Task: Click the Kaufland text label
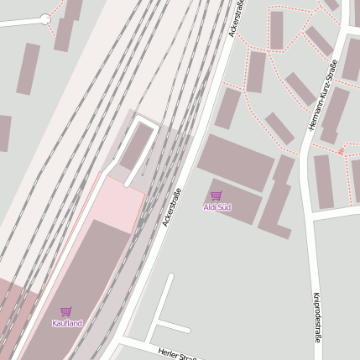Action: pos(67,323)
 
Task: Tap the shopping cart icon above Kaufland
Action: pos(66,311)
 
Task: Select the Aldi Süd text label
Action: pos(217,206)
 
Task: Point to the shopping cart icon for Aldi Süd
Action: pos(217,196)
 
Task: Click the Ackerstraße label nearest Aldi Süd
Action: pos(171,207)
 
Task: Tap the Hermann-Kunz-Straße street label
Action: pos(324,95)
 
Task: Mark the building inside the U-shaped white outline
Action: pos(134,149)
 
